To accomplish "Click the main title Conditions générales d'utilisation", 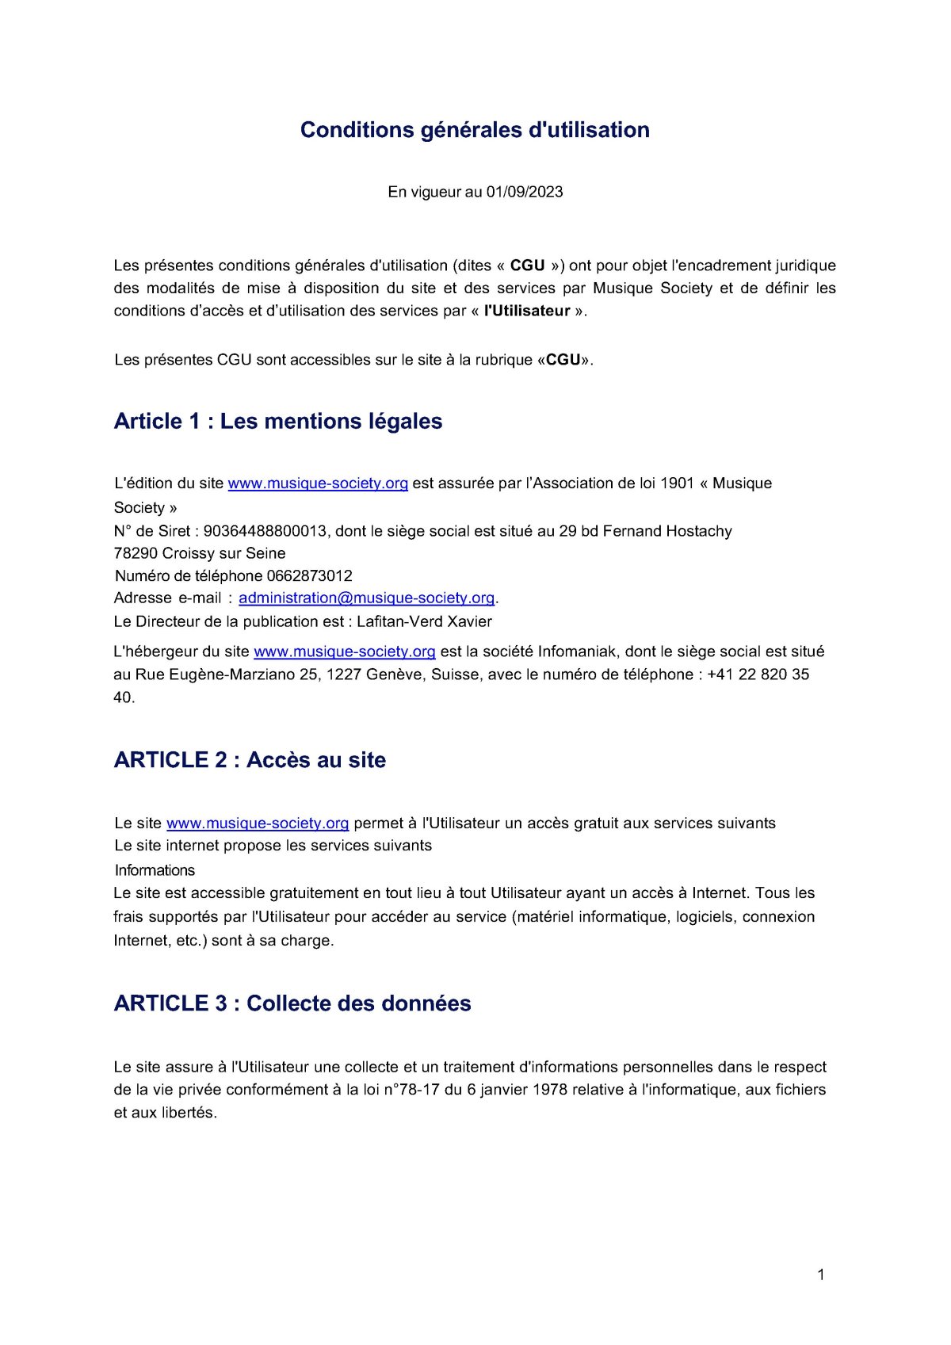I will point(475,130).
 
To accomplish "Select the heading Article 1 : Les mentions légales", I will point(278,421).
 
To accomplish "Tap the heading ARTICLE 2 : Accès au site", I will point(250,759).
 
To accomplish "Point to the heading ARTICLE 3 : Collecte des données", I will point(292,1003).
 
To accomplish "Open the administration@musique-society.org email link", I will point(366,598).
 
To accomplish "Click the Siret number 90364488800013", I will point(265,531).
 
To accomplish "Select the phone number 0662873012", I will point(310,575).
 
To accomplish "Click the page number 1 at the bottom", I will point(821,1274).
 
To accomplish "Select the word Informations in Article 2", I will point(155,870).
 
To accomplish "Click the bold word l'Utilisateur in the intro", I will point(527,311).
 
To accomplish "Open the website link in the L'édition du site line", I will point(318,483).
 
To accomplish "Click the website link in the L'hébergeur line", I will point(344,651).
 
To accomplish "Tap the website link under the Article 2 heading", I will point(258,823).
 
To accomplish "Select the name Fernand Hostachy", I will point(667,531).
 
